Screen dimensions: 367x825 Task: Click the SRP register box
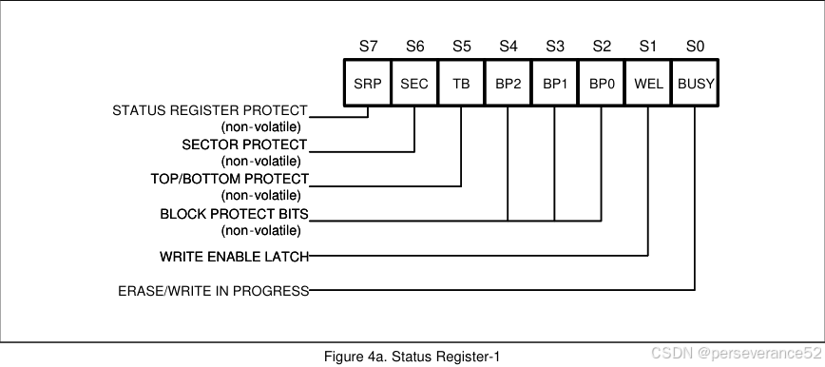[367, 84]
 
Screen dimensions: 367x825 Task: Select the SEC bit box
[414, 84]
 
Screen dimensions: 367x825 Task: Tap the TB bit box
[461, 84]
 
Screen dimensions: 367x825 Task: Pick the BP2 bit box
[508, 84]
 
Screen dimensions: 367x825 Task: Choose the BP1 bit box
[554, 84]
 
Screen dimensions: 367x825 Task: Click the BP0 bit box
[602, 84]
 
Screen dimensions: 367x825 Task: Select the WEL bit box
[648, 84]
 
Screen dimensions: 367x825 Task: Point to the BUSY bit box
[696, 84]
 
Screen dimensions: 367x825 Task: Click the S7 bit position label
[368, 46]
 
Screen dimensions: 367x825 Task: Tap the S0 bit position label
[696, 46]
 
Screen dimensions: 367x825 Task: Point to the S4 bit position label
[508, 46]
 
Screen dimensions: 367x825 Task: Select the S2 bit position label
[602, 46]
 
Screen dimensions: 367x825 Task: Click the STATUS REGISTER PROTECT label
[210, 111]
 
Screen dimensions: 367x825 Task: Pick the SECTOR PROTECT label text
[244, 145]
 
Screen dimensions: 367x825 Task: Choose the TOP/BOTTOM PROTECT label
[229, 179]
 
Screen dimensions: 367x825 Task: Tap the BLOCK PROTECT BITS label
[234, 214]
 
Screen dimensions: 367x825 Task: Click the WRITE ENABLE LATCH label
[234, 257]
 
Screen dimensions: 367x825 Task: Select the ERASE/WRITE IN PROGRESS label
[213, 291]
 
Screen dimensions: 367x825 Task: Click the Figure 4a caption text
[412, 357]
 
